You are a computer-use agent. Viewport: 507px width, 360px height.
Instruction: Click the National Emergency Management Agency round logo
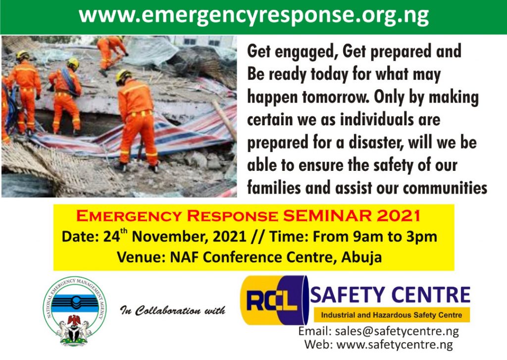(x=75, y=311)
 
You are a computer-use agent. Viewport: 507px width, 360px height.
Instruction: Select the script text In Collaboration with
(x=173, y=310)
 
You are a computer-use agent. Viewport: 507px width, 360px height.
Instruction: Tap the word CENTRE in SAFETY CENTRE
(x=431, y=295)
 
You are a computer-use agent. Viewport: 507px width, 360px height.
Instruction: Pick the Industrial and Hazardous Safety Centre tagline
(x=391, y=315)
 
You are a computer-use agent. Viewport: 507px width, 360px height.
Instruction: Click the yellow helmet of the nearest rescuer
(x=123, y=76)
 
